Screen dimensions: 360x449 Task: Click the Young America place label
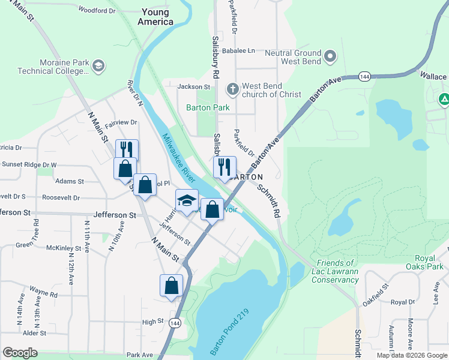click(x=156, y=16)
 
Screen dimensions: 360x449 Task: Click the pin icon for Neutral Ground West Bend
click(x=330, y=58)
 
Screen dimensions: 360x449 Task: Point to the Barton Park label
click(x=208, y=108)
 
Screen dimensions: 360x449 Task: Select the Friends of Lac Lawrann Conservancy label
click(x=339, y=271)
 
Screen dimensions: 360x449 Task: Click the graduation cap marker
click(x=187, y=200)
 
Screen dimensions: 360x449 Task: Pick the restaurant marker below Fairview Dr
click(x=127, y=150)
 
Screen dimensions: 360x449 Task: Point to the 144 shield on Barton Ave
click(x=364, y=77)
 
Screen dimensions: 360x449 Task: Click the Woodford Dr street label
click(x=97, y=10)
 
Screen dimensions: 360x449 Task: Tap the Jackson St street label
click(x=193, y=87)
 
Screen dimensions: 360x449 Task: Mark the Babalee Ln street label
click(x=238, y=51)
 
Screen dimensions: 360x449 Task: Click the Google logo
click(x=20, y=353)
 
